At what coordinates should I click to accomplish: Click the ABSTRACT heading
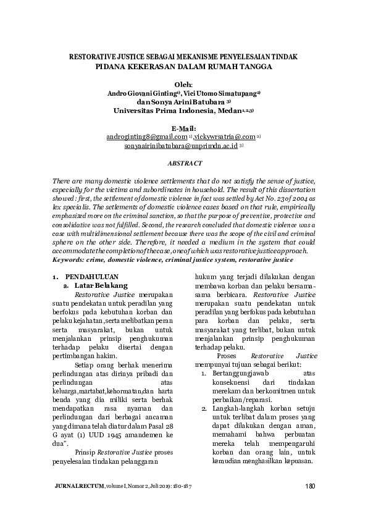185,163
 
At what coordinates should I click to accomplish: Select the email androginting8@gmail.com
147,136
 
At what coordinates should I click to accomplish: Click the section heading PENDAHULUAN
91,277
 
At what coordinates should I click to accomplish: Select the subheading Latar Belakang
101,286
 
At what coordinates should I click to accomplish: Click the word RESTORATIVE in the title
95,56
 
